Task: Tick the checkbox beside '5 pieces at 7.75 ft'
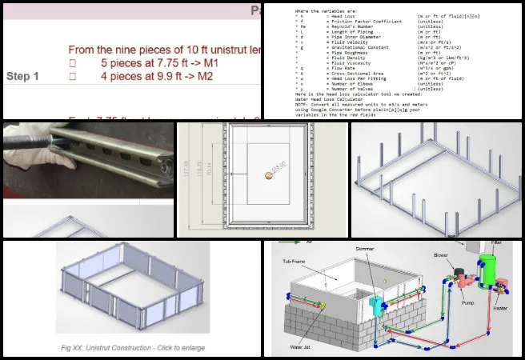pos(72,62)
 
